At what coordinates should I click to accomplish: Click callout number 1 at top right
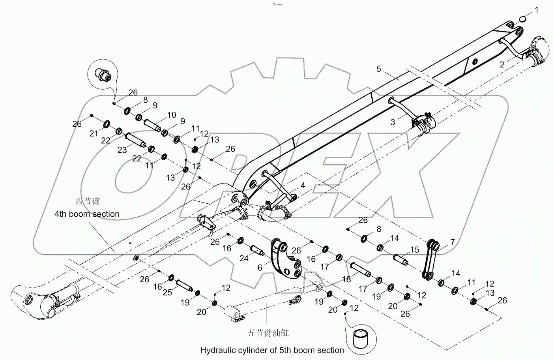point(536,10)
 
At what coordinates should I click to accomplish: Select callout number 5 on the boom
point(379,69)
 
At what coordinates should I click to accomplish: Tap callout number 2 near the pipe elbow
point(502,64)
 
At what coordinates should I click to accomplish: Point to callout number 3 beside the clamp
point(393,122)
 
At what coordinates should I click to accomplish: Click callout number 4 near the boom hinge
point(303,185)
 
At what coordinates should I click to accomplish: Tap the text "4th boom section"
point(87,214)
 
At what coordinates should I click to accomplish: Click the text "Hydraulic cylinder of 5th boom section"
point(272,350)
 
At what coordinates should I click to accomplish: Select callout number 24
point(244,259)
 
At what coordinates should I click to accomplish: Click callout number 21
point(94,134)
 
